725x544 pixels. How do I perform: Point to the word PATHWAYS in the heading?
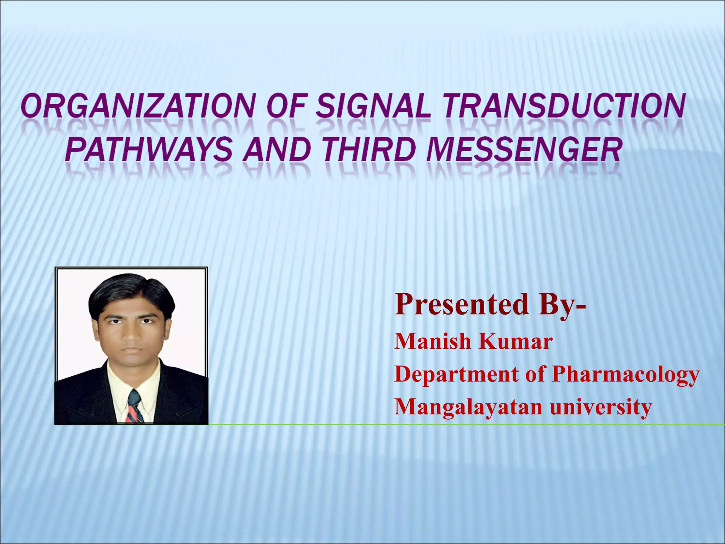[x=149, y=150]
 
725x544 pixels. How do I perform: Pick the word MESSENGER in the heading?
[x=524, y=150]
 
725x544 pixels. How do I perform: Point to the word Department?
[x=457, y=374]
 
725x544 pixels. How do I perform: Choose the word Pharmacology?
[x=625, y=374]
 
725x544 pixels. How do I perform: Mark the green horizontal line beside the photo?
[x=460, y=424]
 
